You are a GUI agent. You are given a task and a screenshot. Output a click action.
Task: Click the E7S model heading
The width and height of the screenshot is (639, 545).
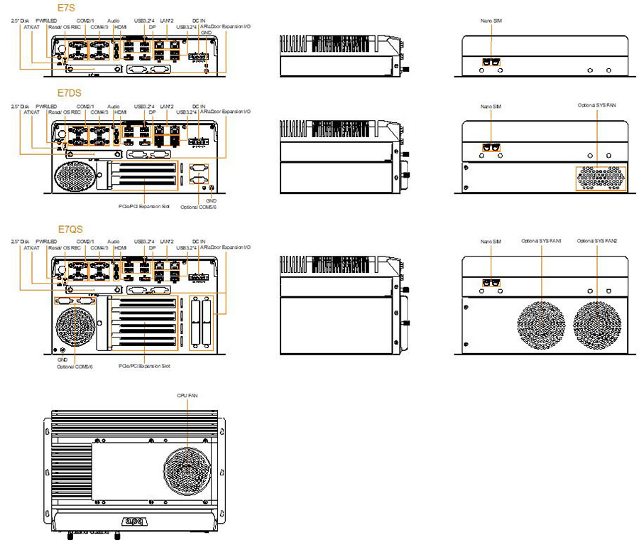(66, 9)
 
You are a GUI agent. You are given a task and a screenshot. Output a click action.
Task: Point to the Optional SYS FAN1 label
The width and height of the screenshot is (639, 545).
(542, 242)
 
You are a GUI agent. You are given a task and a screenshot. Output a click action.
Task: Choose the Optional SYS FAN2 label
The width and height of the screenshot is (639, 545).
(597, 242)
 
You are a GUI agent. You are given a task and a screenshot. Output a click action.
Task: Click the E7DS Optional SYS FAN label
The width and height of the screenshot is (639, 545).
(597, 105)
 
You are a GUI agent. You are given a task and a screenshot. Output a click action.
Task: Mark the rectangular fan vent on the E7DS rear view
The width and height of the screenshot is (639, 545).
(601, 178)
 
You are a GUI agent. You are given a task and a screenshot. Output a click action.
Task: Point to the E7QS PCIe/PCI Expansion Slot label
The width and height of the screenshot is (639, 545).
(143, 366)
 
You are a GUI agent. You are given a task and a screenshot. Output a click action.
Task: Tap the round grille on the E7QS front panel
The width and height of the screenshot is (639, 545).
(72, 328)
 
